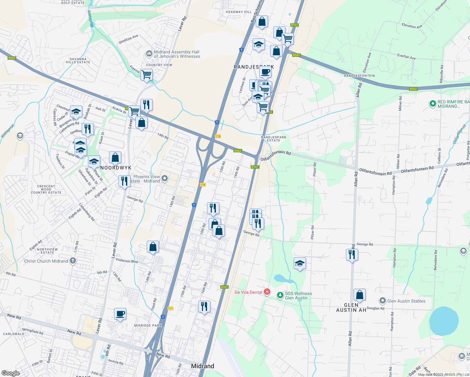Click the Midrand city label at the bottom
(203, 366)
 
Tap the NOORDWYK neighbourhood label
(116, 168)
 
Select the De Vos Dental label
(249, 292)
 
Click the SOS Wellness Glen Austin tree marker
(280, 295)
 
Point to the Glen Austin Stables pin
(382, 301)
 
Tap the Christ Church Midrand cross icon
(73, 261)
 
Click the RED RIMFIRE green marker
(433, 103)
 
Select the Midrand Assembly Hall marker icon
(149, 54)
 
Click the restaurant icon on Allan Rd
(352, 254)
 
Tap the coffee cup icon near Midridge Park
(120, 314)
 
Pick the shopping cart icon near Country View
(146, 75)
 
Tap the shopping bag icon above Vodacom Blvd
(153, 247)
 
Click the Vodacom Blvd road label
(127, 261)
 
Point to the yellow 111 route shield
(170, 309)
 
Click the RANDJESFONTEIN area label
(359, 76)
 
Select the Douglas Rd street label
(375, 308)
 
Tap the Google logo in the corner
(10, 373)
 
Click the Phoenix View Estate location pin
(164, 179)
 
